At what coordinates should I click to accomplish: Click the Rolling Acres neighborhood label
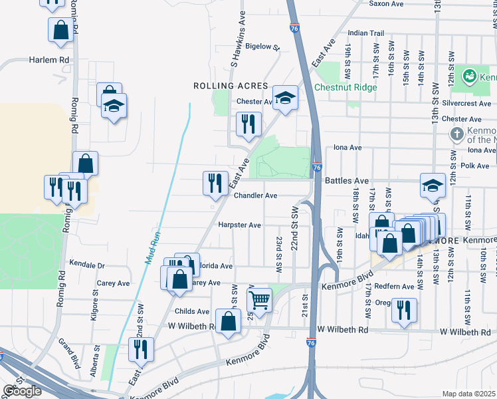pyautogui.click(x=231, y=86)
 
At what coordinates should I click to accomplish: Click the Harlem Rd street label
pyautogui.click(x=49, y=59)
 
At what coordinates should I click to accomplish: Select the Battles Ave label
pyautogui.click(x=347, y=181)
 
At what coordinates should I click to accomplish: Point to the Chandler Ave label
pyautogui.click(x=254, y=196)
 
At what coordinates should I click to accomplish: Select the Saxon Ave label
pyautogui.click(x=387, y=4)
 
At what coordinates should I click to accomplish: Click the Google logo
pyautogui.click(x=21, y=391)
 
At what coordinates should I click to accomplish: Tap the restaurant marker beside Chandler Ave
pyautogui.click(x=215, y=182)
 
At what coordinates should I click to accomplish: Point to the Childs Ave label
pyautogui.click(x=192, y=311)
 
